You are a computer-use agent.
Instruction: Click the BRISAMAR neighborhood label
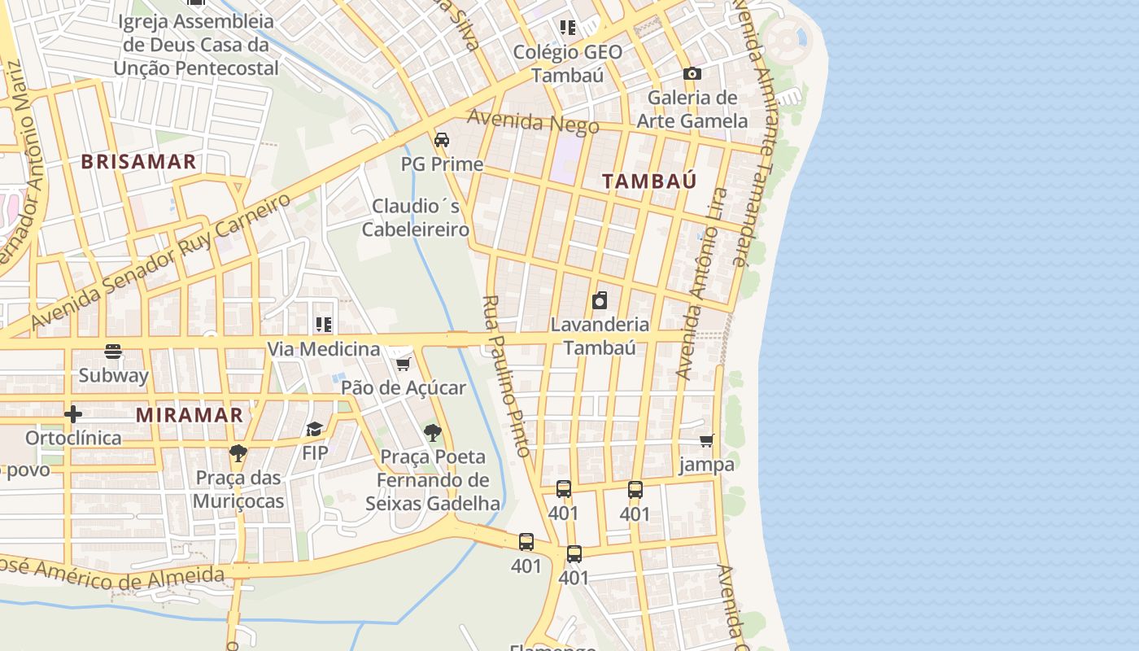point(138,161)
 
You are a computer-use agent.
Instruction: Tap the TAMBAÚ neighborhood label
point(649,181)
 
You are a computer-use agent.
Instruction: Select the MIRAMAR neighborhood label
point(190,415)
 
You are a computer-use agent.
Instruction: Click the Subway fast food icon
point(113,352)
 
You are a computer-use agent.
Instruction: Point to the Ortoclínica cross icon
point(73,415)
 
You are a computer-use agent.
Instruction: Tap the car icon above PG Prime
point(442,140)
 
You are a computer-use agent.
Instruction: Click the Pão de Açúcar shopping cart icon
point(403,364)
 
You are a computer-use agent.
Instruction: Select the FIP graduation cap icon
point(314,429)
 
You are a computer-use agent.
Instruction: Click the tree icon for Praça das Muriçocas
point(238,453)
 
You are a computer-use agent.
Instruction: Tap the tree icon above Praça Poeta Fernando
point(433,432)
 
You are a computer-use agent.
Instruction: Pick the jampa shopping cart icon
point(706,440)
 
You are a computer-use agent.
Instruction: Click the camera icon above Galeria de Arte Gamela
point(692,74)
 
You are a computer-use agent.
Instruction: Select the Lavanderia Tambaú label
point(600,335)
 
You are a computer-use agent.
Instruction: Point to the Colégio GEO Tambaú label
point(567,63)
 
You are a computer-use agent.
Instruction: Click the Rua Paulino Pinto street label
point(506,376)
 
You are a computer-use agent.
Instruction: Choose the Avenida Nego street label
point(533,122)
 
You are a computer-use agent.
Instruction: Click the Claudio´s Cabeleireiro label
point(416,217)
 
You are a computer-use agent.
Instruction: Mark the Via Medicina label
point(324,349)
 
